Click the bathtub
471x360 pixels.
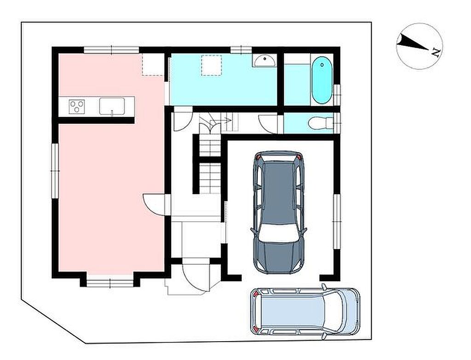(x=322, y=80)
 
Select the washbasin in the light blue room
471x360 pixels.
(x=264, y=61)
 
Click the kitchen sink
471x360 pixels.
(x=112, y=106)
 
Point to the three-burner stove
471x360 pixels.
(x=77, y=107)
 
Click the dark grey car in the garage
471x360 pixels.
(x=278, y=212)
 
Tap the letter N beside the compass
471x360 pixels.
(x=436, y=53)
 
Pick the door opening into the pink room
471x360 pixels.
(x=153, y=204)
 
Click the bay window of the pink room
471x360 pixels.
(x=110, y=283)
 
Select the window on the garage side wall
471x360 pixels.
(x=337, y=221)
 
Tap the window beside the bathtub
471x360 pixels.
(x=337, y=95)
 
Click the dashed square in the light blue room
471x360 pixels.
(x=212, y=65)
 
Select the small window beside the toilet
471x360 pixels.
(x=337, y=123)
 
